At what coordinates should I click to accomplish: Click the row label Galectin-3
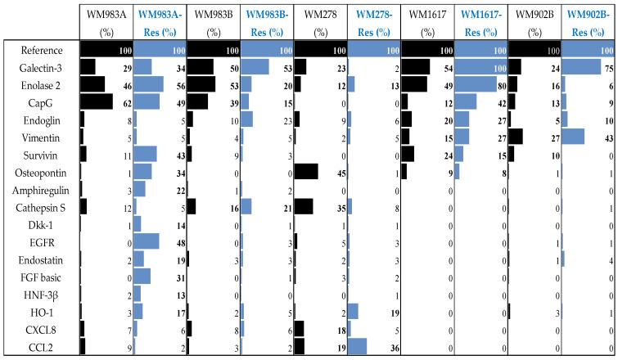coord(40,67)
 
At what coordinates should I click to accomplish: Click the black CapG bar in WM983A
coord(96,101)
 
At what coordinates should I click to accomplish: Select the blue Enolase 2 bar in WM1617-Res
coord(476,84)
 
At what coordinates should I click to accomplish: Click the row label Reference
coord(40,50)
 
